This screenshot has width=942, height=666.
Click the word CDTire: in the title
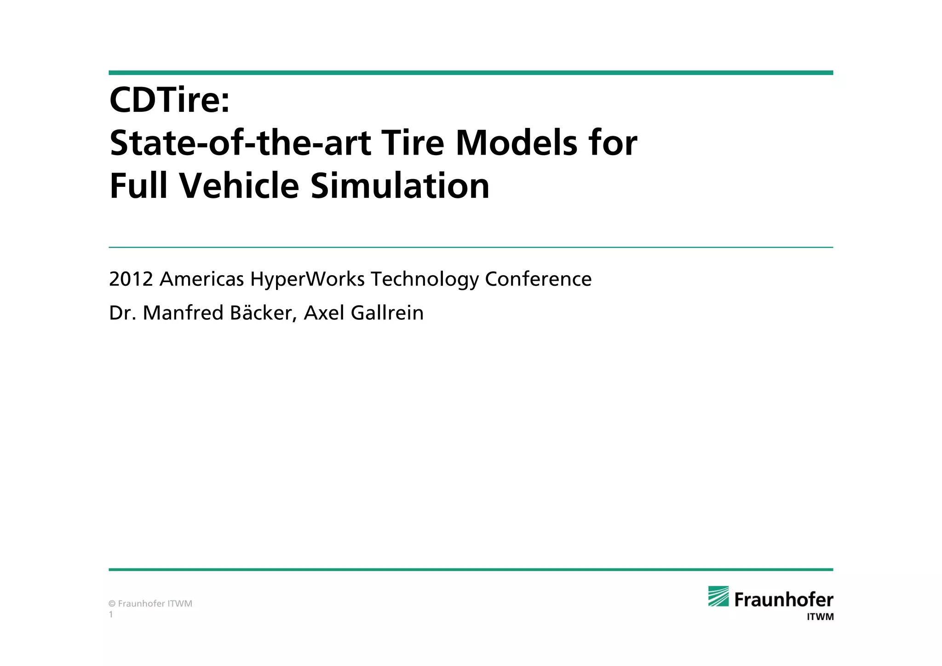click(169, 100)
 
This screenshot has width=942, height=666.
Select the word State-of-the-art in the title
click(240, 143)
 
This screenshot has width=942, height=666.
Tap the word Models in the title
click(516, 143)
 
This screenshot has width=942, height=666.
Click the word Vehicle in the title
click(239, 186)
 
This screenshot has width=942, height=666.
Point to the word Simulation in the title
click(400, 186)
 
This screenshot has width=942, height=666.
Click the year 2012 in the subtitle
click(131, 279)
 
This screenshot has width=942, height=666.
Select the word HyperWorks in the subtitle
click(308, 279)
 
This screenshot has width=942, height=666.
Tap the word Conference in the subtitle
click(538, 279)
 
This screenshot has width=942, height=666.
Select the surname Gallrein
click(387, 313)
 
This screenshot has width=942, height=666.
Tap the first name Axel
click(324, 313)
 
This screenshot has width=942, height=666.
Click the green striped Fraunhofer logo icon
click(718, 596)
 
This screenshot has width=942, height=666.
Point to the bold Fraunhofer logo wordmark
click(784, 600)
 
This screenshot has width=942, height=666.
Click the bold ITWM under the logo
click(820, 617)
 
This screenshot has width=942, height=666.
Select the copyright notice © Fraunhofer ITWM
click(150, 603)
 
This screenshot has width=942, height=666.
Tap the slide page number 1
click(111, 614)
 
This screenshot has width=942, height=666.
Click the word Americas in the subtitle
click(201, 279)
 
